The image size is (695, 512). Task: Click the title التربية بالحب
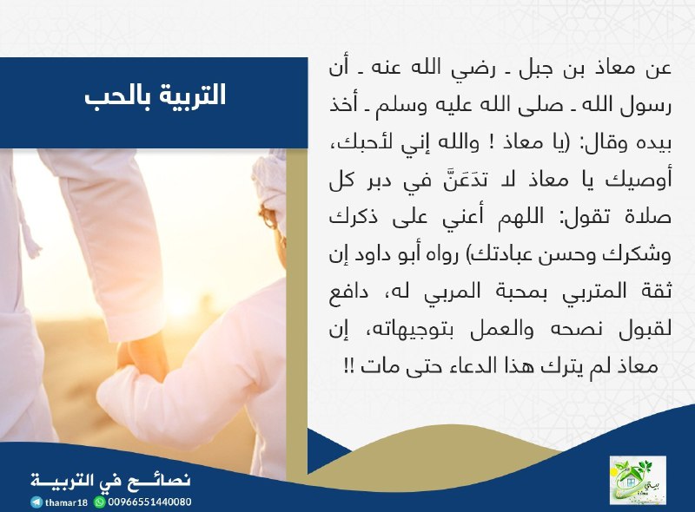click(155, 95)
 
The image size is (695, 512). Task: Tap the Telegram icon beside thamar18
click(36, 502)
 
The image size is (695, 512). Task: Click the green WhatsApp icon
click(100, 502)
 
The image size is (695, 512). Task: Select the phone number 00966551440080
click(149, 502)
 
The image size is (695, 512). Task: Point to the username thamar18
click(66, 502)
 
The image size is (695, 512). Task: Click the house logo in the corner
click(638, 480)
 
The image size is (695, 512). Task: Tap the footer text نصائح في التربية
click(110, 481)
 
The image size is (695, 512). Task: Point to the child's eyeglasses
click(268, 218)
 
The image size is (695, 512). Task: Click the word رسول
click(647, 106)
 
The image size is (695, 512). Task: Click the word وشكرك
click(639, 255)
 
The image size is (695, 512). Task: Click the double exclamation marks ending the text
click(348, 367)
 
